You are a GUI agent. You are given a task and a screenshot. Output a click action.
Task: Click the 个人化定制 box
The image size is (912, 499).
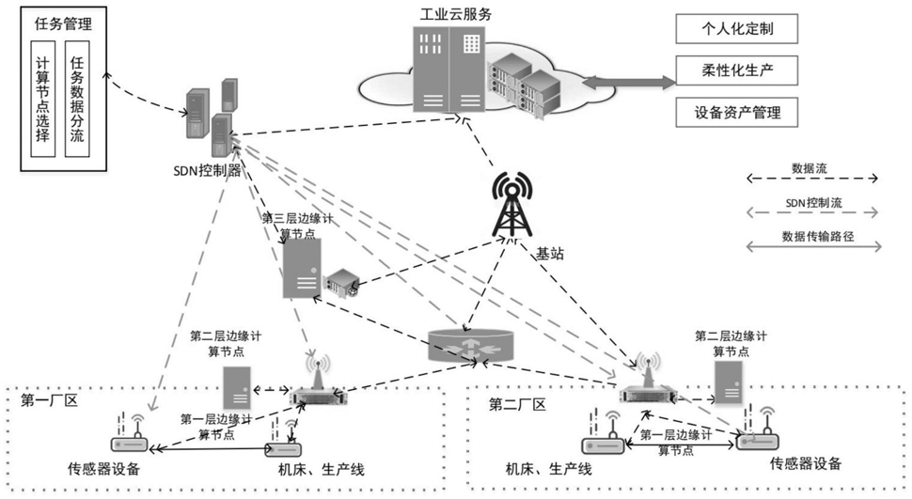[x=736, y=28]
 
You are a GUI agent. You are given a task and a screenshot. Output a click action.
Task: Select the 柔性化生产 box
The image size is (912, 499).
[x=736, y=70]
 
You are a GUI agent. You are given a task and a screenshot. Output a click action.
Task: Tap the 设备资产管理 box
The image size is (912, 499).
[x=736, y=112]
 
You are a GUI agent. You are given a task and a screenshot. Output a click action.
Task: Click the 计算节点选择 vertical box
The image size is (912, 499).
[x=42, y=99]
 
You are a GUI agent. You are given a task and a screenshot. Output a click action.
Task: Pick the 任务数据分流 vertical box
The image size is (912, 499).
[x=77, y=99]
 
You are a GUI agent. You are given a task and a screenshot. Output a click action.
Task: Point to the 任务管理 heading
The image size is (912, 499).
[x=63, y=23]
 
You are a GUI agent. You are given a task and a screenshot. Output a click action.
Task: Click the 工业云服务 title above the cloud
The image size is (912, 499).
[x=456, y=14]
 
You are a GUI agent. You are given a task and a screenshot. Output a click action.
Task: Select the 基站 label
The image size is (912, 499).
[x=550, y=254]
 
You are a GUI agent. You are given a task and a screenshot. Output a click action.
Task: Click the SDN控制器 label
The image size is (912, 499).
[x=207, y=170]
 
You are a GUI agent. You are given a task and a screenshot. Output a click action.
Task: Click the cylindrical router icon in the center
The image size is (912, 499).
[x=471, y=345]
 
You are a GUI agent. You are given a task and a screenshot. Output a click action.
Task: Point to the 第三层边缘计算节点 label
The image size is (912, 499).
[x=298, y=226]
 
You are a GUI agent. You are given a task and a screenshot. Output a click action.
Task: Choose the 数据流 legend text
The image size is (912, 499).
[x=810, y=168]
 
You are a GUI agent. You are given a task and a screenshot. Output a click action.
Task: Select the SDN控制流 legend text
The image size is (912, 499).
[x=813, y=203]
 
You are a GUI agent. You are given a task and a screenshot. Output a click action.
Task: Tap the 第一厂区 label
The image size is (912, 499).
[x=50, y=400]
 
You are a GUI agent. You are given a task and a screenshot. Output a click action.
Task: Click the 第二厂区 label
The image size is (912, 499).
[x=517, y=404]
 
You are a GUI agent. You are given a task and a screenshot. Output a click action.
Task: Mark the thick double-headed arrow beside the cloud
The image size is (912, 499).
[x=629, y=82]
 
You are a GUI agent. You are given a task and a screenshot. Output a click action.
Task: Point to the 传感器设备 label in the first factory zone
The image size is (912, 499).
[x=104, y=468]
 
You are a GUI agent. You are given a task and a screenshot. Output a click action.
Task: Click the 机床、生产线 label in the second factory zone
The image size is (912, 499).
[x=548, y=469]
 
